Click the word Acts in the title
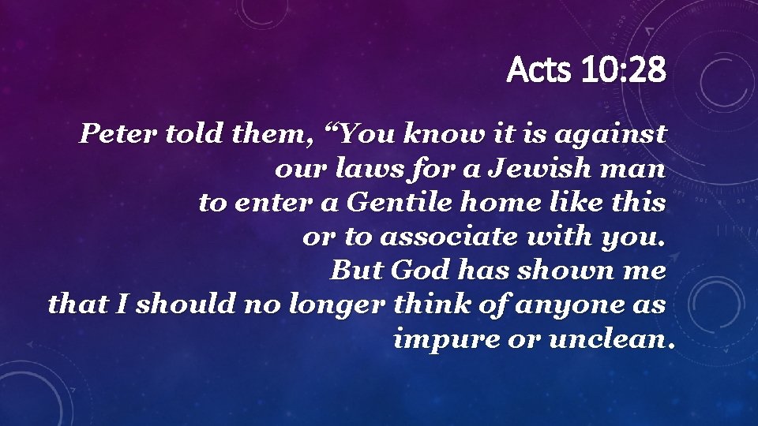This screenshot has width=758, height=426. (538, 69)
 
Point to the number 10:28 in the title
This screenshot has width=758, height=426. (624, 69)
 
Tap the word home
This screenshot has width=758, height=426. (501, 202)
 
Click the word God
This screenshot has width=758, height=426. (419, 270)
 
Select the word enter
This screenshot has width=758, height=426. (273, 203)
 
